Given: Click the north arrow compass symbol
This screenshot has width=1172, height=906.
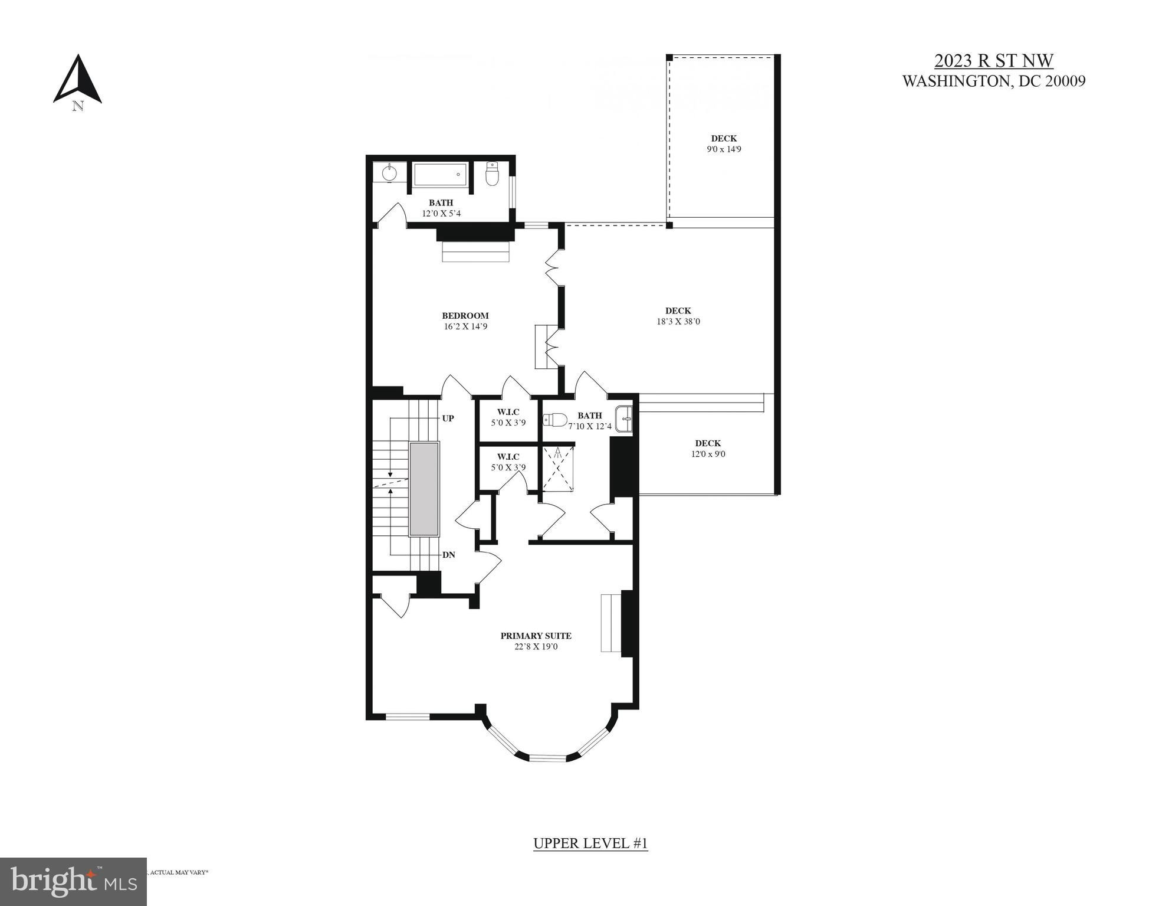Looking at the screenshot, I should pos(77,80).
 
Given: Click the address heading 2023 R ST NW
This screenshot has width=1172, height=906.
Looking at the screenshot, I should pos(993,61).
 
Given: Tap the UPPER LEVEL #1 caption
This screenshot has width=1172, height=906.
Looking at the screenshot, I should pos(590,843).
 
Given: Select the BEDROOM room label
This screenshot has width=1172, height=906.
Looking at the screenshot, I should pos(465,316).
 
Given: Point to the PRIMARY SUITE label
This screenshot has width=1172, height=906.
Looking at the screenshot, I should pos(536,636).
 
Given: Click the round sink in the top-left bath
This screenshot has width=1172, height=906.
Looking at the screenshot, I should pos(389,173).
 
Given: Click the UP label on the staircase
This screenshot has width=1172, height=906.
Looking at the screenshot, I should pos(448,418).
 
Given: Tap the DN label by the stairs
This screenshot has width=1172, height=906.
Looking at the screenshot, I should pos(448,555).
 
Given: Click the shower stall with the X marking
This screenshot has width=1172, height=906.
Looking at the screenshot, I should pos(558,468).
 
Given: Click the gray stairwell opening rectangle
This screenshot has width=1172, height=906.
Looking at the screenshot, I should pos(424,489).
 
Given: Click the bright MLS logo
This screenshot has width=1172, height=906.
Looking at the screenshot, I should pos(73,881).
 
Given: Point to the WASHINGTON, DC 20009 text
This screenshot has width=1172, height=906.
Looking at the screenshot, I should pos(993,81).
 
